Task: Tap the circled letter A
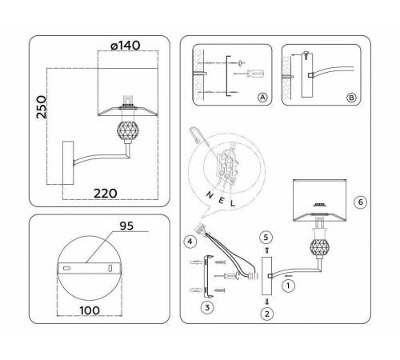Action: click(x=262, y=98)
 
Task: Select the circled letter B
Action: click(x=350, y=98)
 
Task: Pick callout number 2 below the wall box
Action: click(x=266, y=313)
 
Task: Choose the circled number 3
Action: click(x=206, y=306)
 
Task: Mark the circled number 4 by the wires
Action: click(x=190, y=241)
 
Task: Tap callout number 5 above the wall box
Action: click(x=267, y=238)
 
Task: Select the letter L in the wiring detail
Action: click(x=231, y=204)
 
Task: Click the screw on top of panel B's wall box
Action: click(x=306, y=54)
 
